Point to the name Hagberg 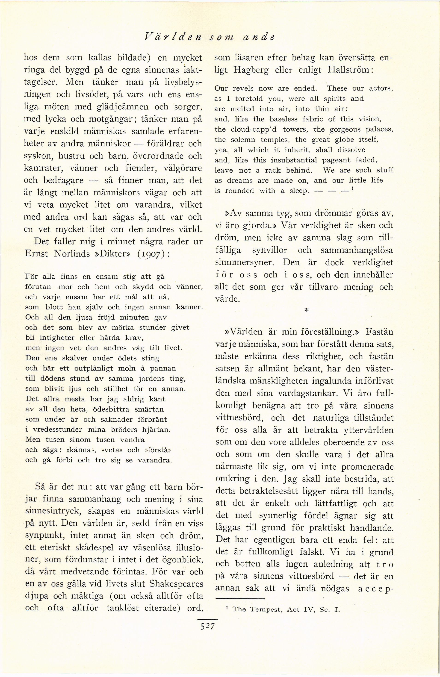click(251, 70)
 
